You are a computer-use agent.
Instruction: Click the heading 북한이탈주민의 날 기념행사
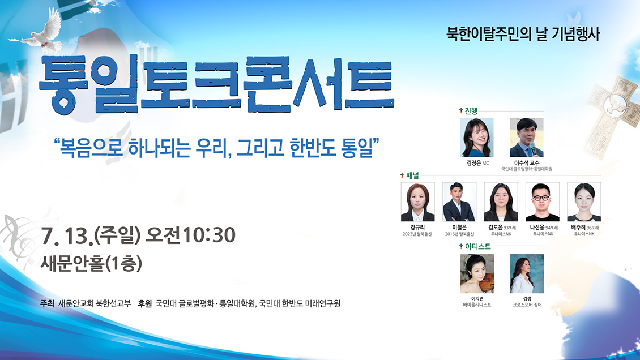523,34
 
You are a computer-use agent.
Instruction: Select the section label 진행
471,111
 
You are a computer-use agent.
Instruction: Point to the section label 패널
412,175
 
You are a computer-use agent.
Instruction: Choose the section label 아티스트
477,246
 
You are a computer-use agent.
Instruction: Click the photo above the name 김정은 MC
477,138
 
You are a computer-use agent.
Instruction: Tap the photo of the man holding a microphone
527,138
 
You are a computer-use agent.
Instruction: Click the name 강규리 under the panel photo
417,227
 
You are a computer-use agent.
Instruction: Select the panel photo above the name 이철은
459,202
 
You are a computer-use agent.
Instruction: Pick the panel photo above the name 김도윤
501,202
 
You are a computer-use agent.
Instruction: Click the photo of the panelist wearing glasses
543,202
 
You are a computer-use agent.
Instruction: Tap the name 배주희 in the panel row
578,227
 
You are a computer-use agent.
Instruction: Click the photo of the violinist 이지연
477,273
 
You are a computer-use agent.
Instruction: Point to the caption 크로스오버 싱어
527,305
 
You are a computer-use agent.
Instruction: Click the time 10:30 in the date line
209,235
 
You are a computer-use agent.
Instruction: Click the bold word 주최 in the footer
48,303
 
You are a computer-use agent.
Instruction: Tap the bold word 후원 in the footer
145,303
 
